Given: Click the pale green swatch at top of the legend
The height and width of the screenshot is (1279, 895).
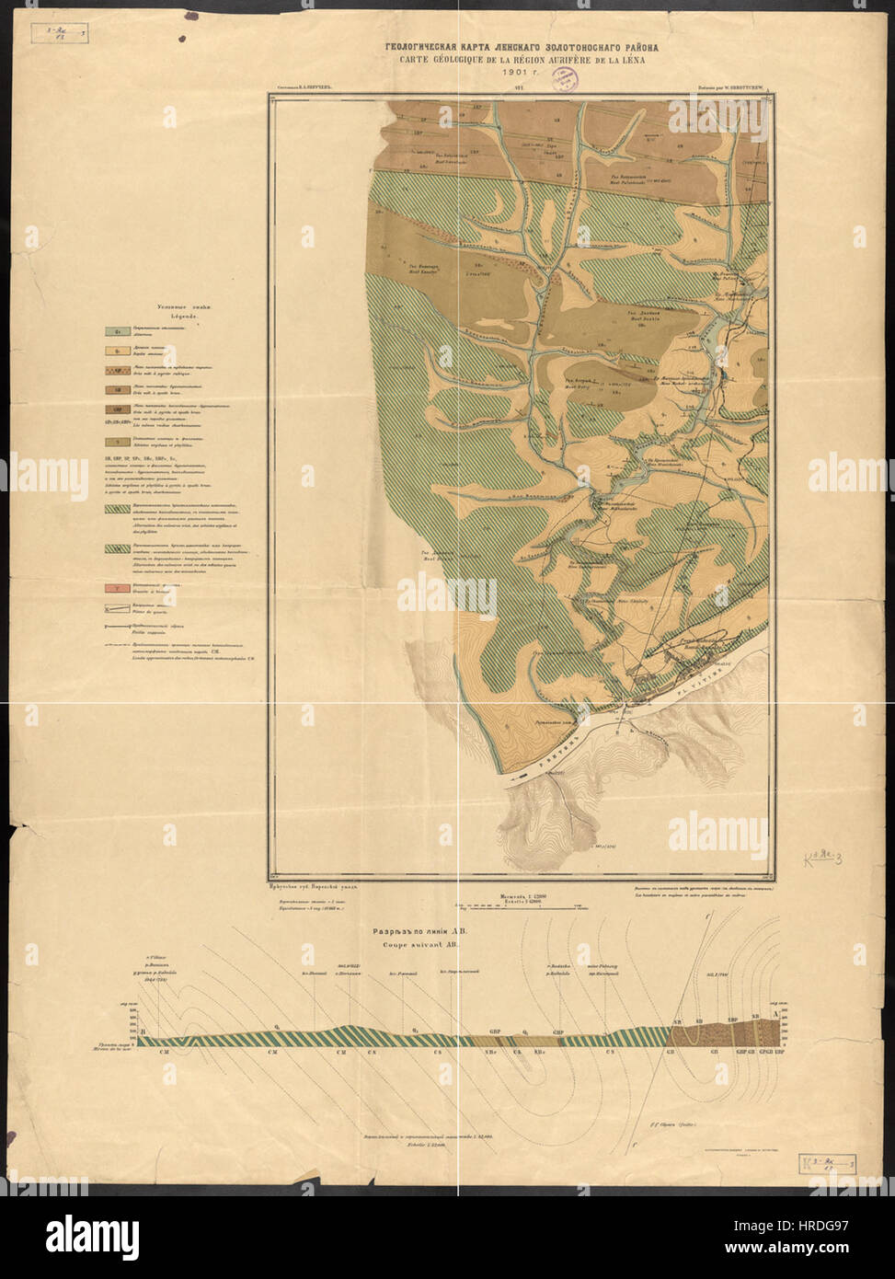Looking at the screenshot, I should click(x=118, y=329).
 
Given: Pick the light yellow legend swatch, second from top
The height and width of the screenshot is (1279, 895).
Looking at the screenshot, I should click(x=118, y=350).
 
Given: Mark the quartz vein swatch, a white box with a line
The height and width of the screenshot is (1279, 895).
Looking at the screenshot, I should click(x=118, y=607).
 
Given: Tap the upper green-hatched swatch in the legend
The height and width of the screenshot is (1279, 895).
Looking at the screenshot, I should click(x=118, y=505).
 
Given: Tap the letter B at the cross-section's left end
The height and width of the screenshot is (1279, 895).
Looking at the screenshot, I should click(x=143, y=1032).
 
